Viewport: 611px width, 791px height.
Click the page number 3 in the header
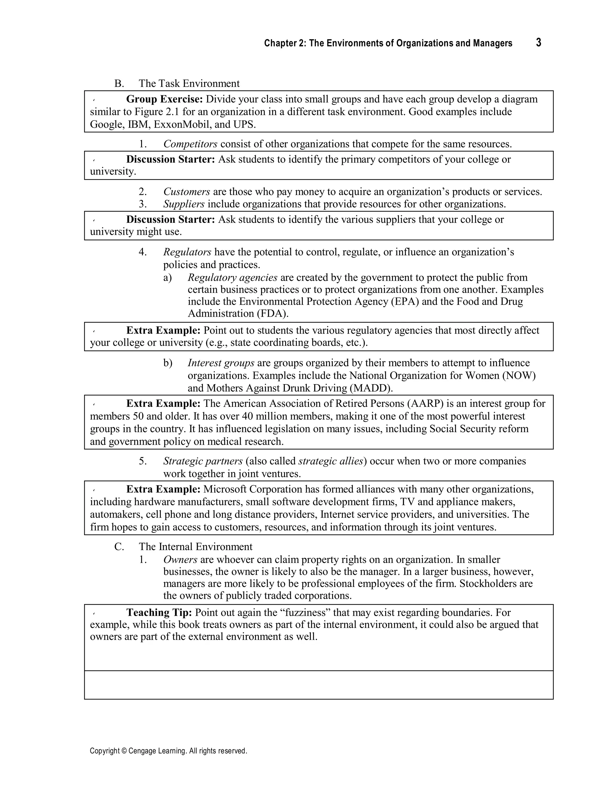[539, 43]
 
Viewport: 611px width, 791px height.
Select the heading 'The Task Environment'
[189, 84]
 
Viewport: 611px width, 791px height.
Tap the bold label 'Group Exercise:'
[164, 99]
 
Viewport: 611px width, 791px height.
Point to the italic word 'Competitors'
[190, 144]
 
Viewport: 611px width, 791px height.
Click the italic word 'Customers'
[186, 192]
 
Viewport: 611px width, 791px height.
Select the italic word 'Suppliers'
[184, 204]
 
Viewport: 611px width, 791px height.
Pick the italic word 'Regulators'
[187, 252]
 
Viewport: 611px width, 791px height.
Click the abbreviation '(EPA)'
[405, 302]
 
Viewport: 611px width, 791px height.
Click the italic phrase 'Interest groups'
[221, 363]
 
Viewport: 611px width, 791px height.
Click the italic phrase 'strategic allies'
[331, 461]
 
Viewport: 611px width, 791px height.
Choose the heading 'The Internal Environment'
[195, 547]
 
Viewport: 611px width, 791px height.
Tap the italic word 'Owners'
[180, 560]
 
